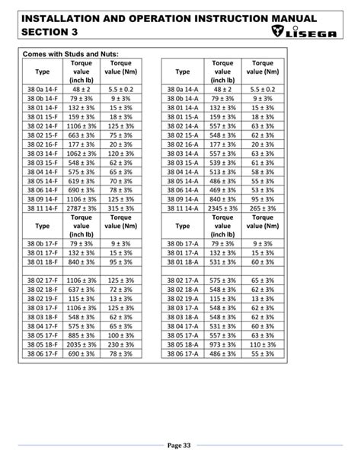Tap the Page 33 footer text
coord(180,445)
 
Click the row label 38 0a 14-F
coord(43,90)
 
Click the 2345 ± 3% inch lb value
coord(223,208)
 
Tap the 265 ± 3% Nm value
coord(262,208)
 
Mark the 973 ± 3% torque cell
coord(223,344)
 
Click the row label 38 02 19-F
coord(43,299)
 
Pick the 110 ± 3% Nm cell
coord(262,344)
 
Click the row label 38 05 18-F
coord(43,344)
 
